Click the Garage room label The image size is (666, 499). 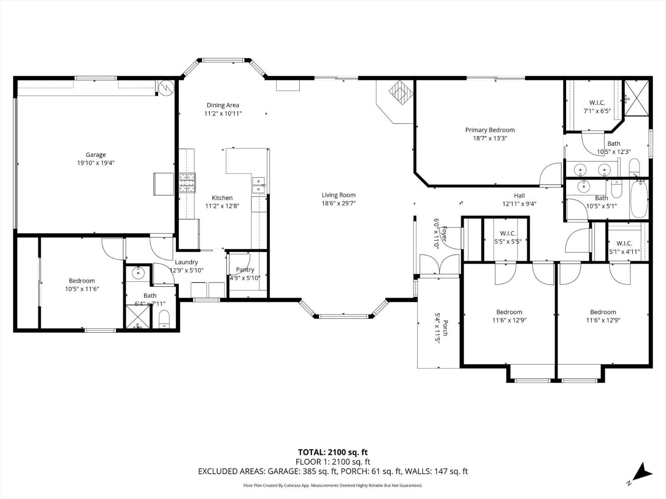(x=95, y=155)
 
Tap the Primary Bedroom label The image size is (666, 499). (x=490, y=130)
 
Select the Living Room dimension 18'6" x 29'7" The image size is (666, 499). (x=338, y=203)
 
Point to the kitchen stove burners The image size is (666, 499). (x=187, y=183)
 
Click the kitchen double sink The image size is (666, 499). (x=258, y=185)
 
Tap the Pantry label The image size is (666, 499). (x=245, y=270)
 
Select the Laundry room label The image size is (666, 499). (x=186, y=262)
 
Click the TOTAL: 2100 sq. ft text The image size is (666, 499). (x=333, y=452)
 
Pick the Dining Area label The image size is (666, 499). (x=223, y=105)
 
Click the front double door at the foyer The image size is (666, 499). (x=439, y=265)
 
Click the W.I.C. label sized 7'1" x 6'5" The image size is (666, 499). (x=597, y=103)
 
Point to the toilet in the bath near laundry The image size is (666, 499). (x=164, y=319)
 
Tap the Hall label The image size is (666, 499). (x=519, y=196)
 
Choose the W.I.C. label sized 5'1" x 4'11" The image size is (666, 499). (x=624, y=244)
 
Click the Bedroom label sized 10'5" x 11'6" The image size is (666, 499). (x=82, y=281)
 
